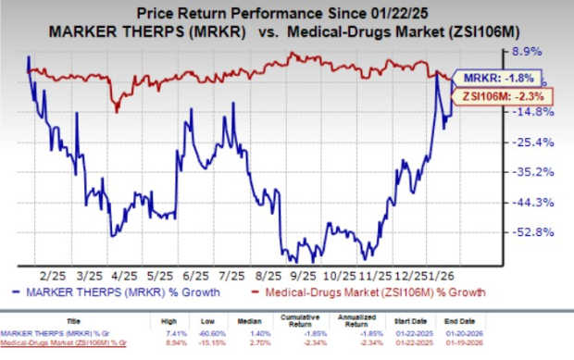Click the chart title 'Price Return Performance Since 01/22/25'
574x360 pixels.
click(x=288, y=13)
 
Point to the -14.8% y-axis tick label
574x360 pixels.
click(x=537, y=111)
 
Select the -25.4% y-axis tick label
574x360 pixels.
click(x=537, y=142)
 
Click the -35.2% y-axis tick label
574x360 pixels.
click(x=537, y=171)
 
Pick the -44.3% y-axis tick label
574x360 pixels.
click(x=537, y=202)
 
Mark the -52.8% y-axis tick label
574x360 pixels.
click(x=537, y=232)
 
